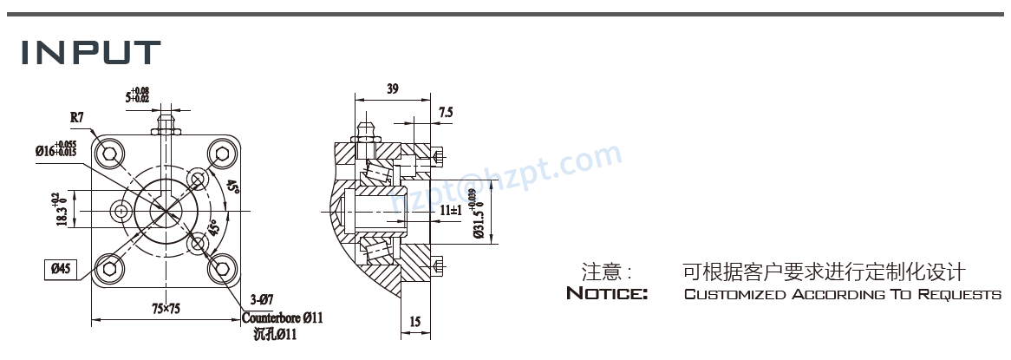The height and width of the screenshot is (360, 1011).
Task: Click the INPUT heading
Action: pyautogui.click(x=91, y=54)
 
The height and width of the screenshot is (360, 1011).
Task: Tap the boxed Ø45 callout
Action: pyautogui.click(x=61, y=268)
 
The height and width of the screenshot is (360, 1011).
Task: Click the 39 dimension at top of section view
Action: pyautogui.click(x=392, y=88)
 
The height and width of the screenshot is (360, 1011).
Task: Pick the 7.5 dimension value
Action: pyautogui.click(x=446, y=112)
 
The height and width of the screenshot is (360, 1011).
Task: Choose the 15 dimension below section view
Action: pyautogui.click(x=414, y=322)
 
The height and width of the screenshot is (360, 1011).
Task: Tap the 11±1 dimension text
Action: pyautogui.click(x=450, y=211)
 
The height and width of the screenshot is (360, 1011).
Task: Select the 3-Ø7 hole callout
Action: pyautogui.click(x=261, y=300)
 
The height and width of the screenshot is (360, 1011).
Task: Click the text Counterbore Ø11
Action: pyautogui.click(x=282, y=317)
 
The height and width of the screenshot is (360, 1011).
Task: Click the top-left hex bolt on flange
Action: pyautogui.click(x=111, y=156)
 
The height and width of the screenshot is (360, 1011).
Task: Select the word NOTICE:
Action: pyautogui.click(x=607, y=294)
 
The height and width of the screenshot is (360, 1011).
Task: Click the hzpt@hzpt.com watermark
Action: pyautogui.click(x=506, y=180)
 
